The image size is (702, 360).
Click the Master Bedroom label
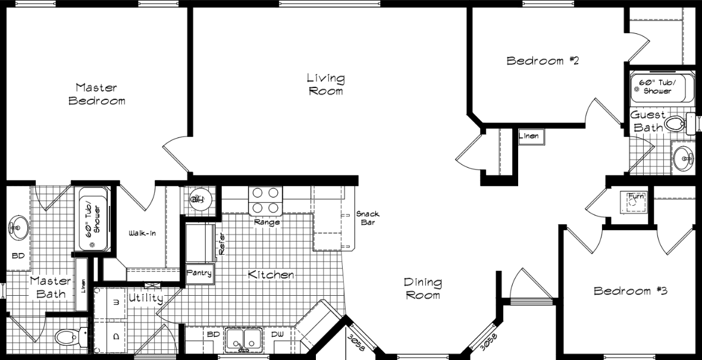[x=97, y=94]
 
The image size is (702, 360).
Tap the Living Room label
[x=325, y=84]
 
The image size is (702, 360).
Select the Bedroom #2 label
[x=543, y=61]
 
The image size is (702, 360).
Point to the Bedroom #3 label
[x=631, y=291]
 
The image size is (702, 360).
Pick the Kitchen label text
[x=271, y=275]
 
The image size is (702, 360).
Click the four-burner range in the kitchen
[x=265, y=200]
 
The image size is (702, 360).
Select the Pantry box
[x=199, y=273]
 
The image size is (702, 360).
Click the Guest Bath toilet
[x=677, y=124]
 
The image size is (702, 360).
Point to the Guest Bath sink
[x=683, y=158]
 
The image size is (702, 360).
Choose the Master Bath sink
[x=17, y=227]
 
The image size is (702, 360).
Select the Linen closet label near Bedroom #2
[x=529, y=136]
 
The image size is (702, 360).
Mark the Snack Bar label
[x=368, y=218]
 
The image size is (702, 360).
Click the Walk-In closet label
[x=142, y=233]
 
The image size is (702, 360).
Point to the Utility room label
[x=145, y=298]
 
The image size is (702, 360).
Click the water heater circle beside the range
[x=198, y=200]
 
